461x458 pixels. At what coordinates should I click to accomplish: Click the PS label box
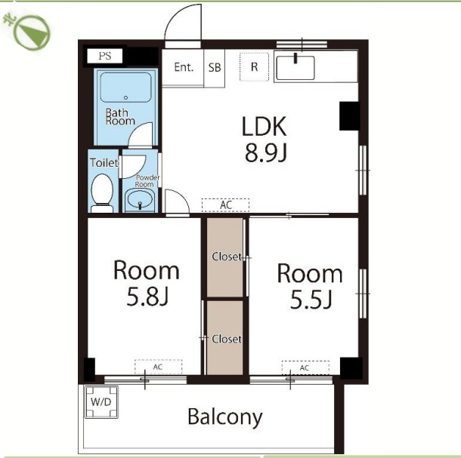104,56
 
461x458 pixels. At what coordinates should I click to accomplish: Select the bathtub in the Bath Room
126,88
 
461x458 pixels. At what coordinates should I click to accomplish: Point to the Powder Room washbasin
140,200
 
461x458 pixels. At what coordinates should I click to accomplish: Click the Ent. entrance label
184,67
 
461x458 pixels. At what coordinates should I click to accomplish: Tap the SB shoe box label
215,67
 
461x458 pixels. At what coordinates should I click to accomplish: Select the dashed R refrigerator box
254,67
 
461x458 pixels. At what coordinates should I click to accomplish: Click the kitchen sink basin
295,68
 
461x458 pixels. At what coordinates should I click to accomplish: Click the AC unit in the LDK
225,205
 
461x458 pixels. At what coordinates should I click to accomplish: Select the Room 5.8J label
146,283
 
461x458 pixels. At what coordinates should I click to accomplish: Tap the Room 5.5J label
310,286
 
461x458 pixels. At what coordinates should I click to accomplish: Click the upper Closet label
227,257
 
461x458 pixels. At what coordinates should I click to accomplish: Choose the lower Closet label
227,339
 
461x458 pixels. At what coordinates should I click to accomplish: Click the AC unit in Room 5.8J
159,367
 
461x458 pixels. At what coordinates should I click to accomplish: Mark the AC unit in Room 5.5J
305,367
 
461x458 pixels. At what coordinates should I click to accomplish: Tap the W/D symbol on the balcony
101,401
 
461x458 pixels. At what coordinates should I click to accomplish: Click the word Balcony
225,417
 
